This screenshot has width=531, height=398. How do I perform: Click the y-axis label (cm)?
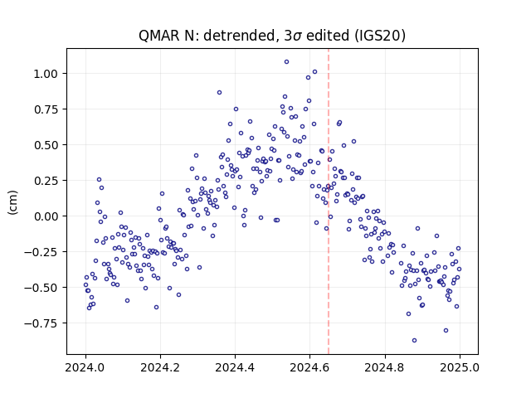[12, 202]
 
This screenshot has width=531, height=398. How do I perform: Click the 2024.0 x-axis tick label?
[85, 367]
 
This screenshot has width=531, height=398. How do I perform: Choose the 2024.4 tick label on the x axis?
[235, 367]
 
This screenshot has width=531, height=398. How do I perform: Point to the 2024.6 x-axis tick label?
[309, 367]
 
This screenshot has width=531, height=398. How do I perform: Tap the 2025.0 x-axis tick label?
[460, 367]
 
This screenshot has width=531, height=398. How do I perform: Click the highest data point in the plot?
[286, 62]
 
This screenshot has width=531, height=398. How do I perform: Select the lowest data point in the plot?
[414, 341]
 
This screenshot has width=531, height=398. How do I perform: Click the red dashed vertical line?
[329, 201]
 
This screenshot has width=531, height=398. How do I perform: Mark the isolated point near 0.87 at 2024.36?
[219, 92]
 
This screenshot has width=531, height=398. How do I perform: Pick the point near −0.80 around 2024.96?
[446, 330]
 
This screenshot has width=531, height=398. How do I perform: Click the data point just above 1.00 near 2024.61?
[314, 72]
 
